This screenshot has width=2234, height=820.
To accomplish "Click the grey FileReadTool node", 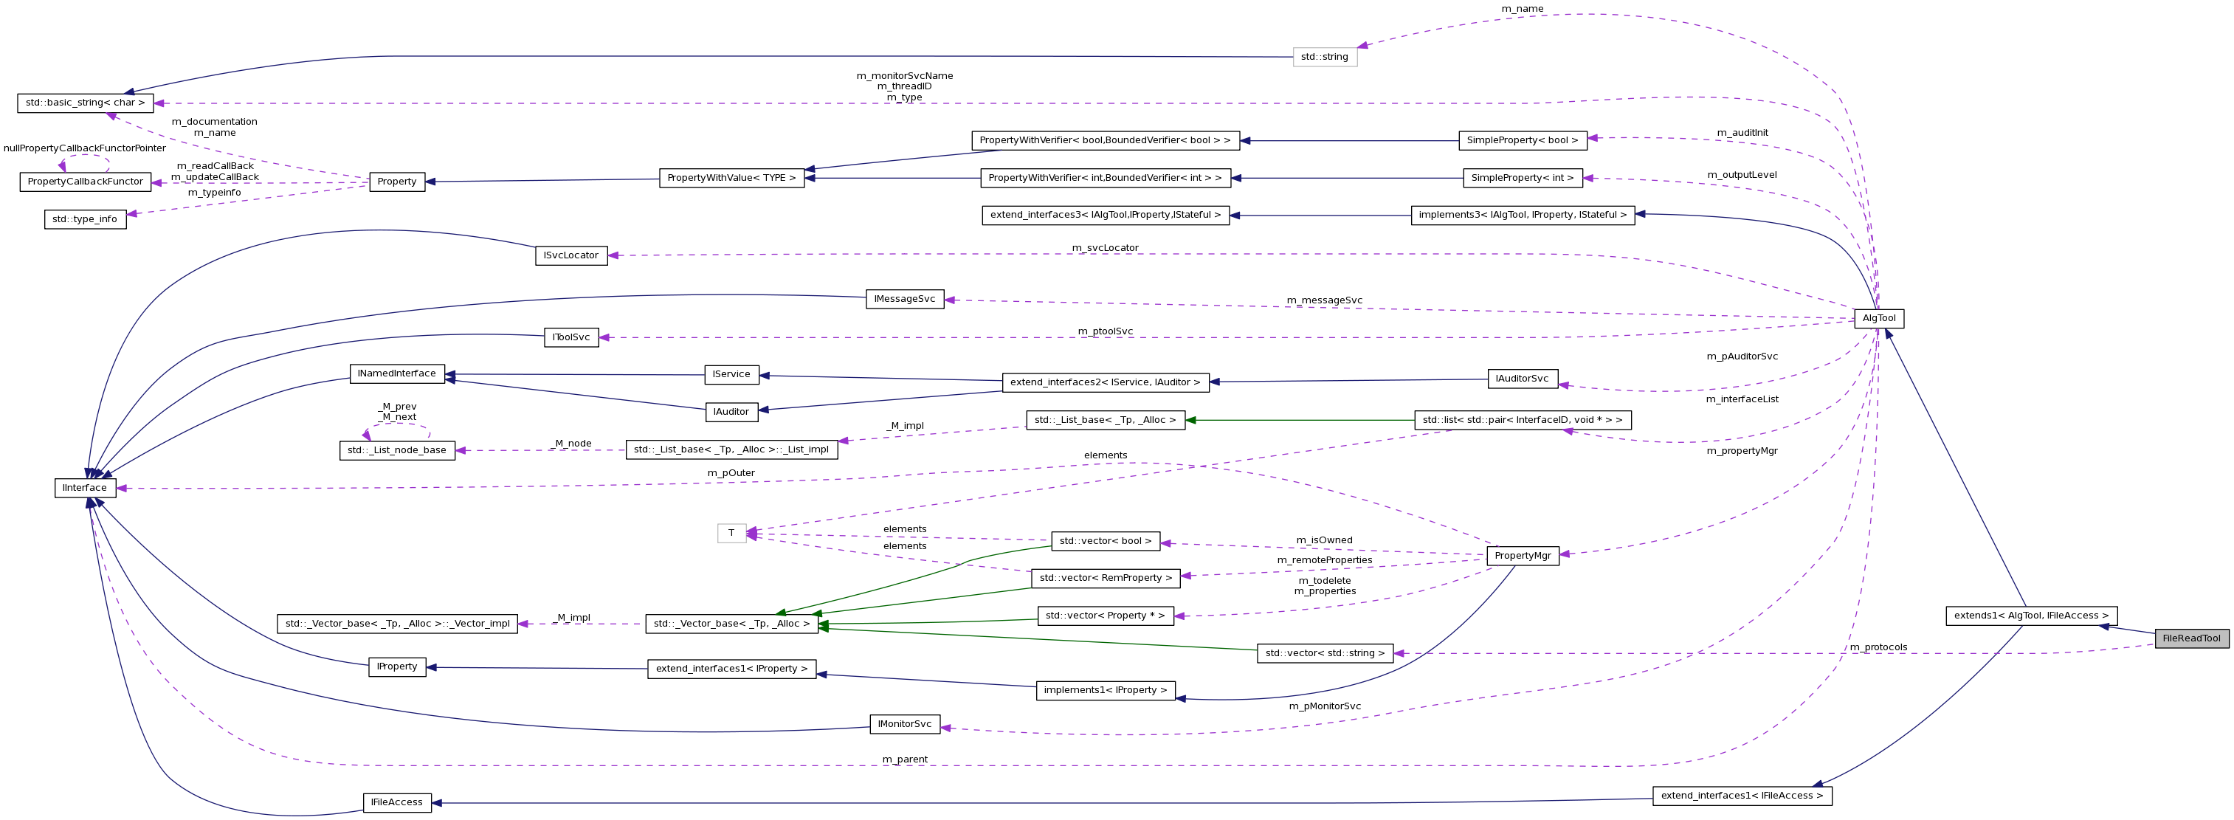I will click(x=2190, y=638).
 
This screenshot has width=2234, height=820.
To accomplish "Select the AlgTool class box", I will click(x=1878, y=318).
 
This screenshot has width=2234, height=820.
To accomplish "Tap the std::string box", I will click(x=1324, y=58).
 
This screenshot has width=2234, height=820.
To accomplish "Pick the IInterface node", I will click(x=85, y=488).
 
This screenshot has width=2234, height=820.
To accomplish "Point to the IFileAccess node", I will click(x=396, y=802).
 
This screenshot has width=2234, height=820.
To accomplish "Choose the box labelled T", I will click(x=731, y=534).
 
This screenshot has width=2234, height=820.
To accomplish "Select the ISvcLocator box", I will click(x=570, y=256).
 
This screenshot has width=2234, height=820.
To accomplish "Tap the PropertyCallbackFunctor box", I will click(x=85, y=182).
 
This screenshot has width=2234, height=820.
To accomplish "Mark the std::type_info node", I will click(x=84, y=219).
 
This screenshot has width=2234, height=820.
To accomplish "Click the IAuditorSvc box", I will click(x=1522, y=379).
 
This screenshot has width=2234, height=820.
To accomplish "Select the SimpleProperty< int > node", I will click(x=1522, y=178).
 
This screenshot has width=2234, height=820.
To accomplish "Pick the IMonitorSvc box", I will click(x=905, y=725).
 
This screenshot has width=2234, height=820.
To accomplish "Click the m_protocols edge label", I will click(x=1878, y=647).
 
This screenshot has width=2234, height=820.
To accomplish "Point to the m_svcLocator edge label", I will click(x=1104, y=248).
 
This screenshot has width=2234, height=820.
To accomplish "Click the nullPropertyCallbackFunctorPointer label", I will click(x=84, y=148).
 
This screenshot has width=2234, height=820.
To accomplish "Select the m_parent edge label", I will click(x=905, y=760).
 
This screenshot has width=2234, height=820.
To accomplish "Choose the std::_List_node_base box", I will click(x=396, y=450).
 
